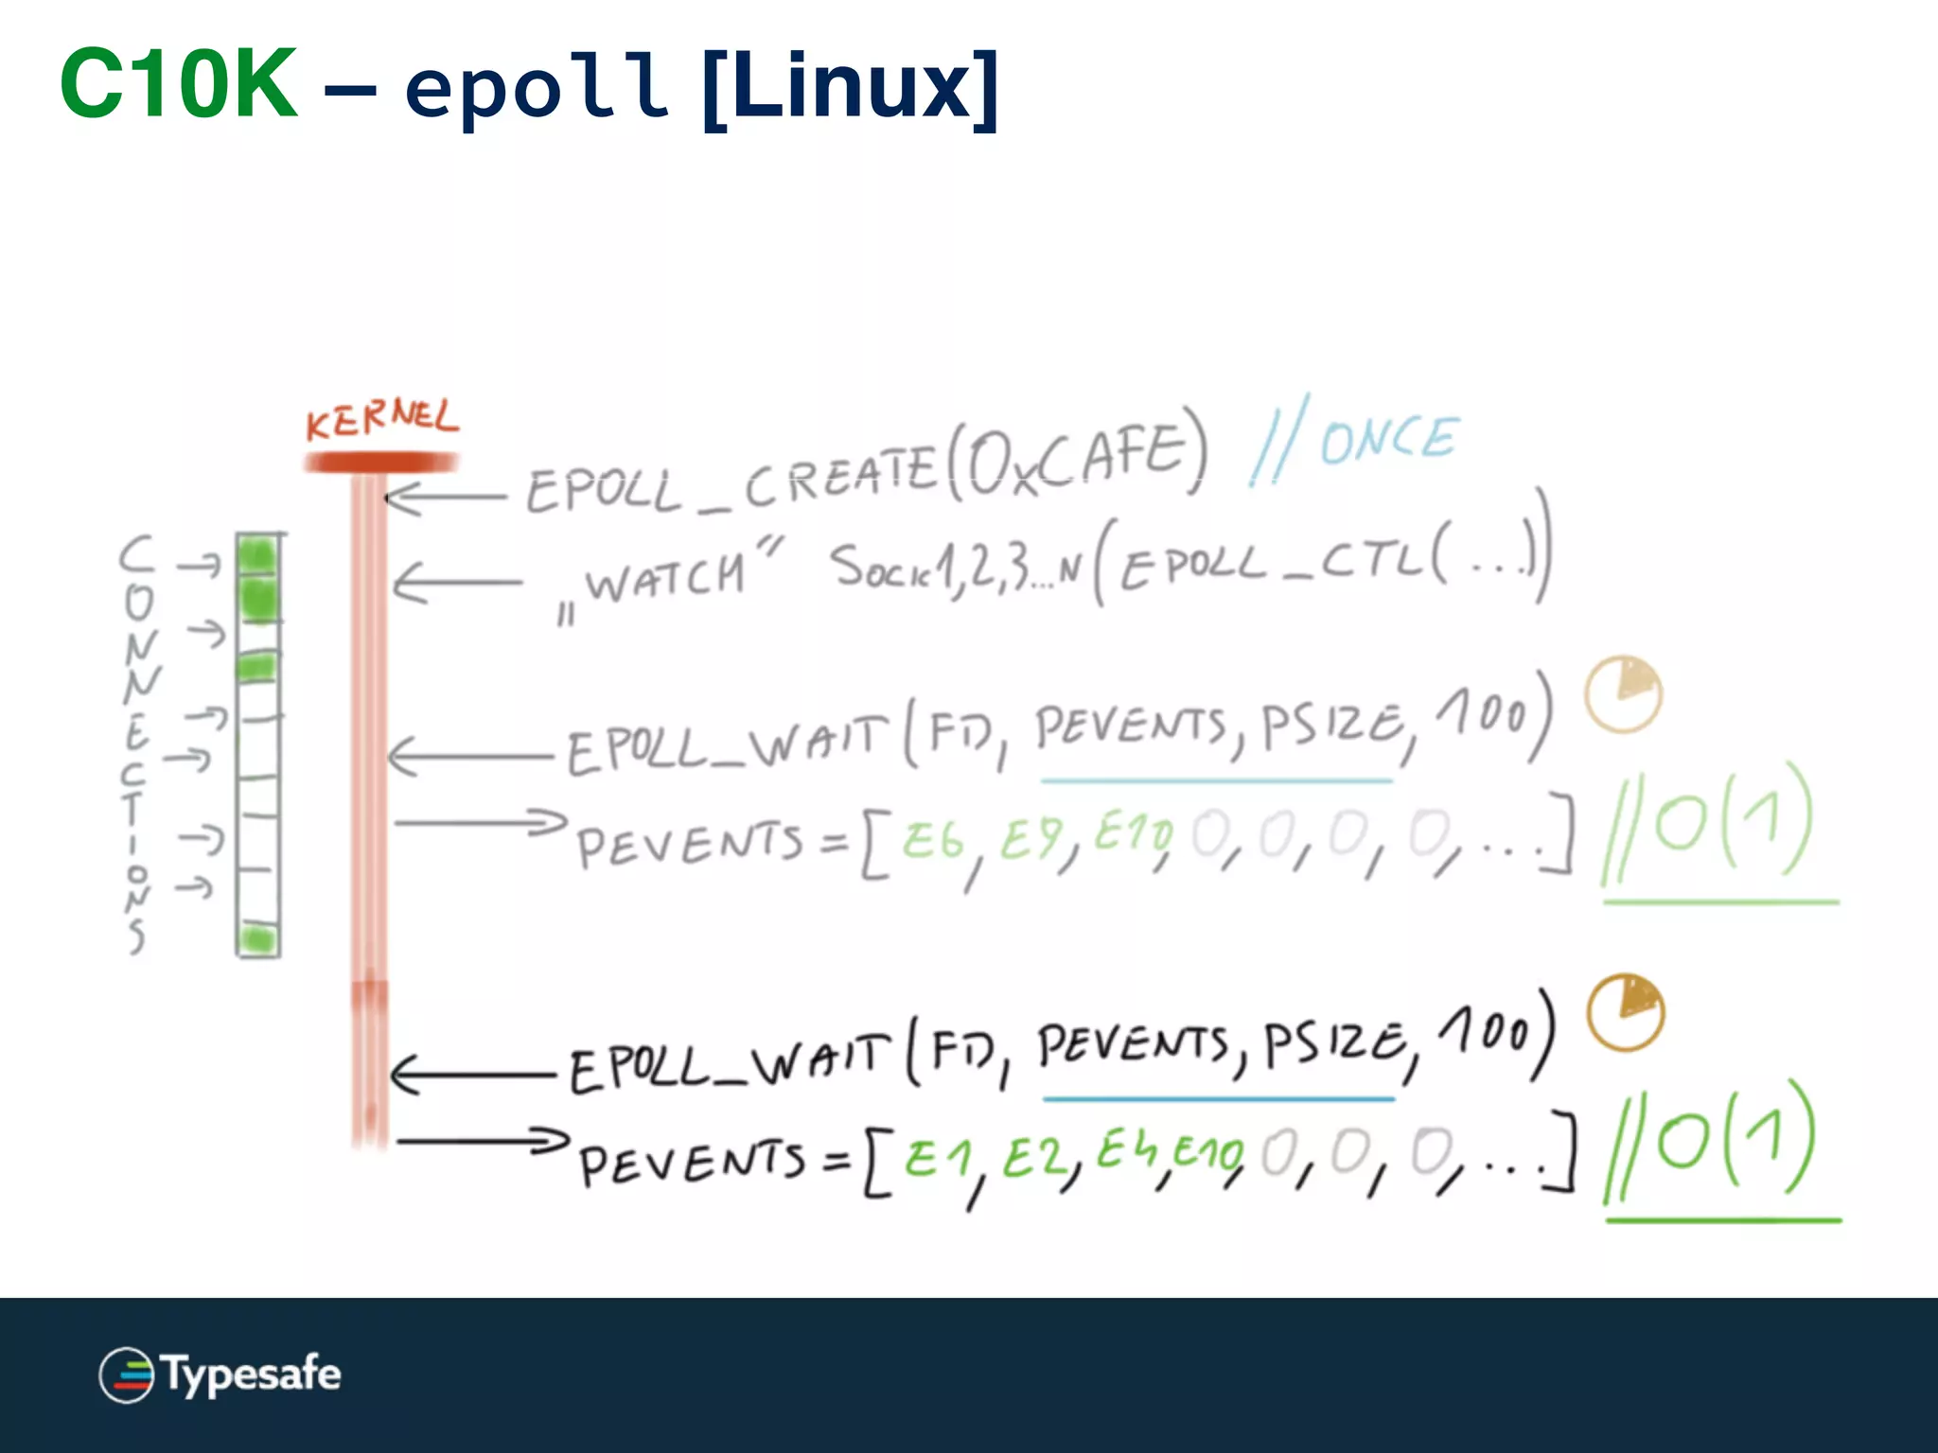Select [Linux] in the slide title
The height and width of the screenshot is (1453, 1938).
(x=850, y=87)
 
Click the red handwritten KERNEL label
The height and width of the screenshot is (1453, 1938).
(x=381, y=419)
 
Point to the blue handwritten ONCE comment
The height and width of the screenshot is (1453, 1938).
(x=1387, y=440)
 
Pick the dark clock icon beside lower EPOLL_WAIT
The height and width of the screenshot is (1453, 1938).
(x=1626, y=1012)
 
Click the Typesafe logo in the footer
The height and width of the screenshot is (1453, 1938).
(x=220, y=1374)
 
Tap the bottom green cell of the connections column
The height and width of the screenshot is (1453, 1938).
(x=257, y=939)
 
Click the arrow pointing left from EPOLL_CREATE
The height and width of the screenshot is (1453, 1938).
(x=445, y=497)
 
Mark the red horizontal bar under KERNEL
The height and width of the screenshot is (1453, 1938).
(x=380, y=463)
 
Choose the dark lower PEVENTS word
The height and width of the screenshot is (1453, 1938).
(x=692, y=1164)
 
